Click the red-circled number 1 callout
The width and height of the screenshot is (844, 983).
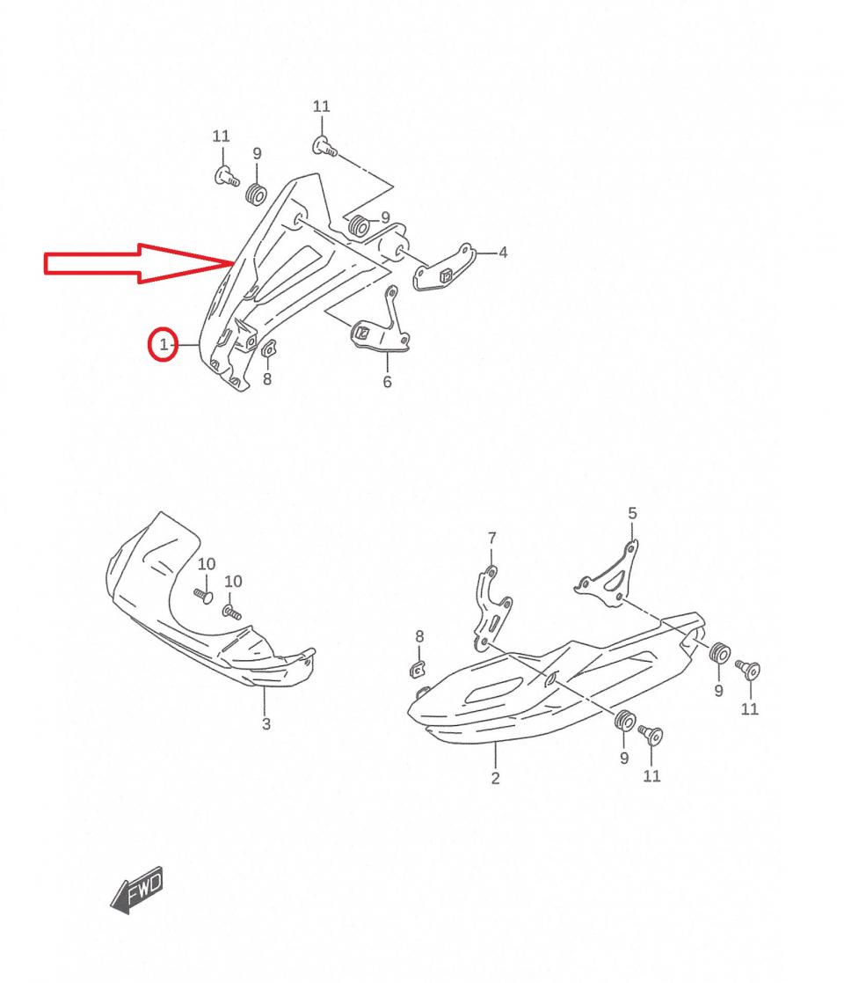pyautogui.click(x=163, y=344)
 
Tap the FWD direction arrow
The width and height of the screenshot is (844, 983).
pyautogui.click(x=137, y=890)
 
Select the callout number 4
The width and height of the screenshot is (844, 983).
pyautogui.click(x=502, y=253)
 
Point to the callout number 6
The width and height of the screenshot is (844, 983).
pyautogui.click(x=387, y=382)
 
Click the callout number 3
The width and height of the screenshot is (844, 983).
pyautogui.click(x=266, y=724)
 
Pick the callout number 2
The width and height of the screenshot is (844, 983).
pyautogui.click(x=495, y=778)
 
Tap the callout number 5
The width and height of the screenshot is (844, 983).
pyautogui.click(x=632, y=513)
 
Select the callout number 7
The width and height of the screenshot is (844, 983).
pyautogui.click(x=491, y=538)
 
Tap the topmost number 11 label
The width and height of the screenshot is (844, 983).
pyautogui.click(x=321, y=106)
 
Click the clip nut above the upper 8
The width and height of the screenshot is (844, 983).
pyautogui.click(x=268, y=348)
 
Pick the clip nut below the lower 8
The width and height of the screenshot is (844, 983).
pyautogui.click(x=417, y=669)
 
